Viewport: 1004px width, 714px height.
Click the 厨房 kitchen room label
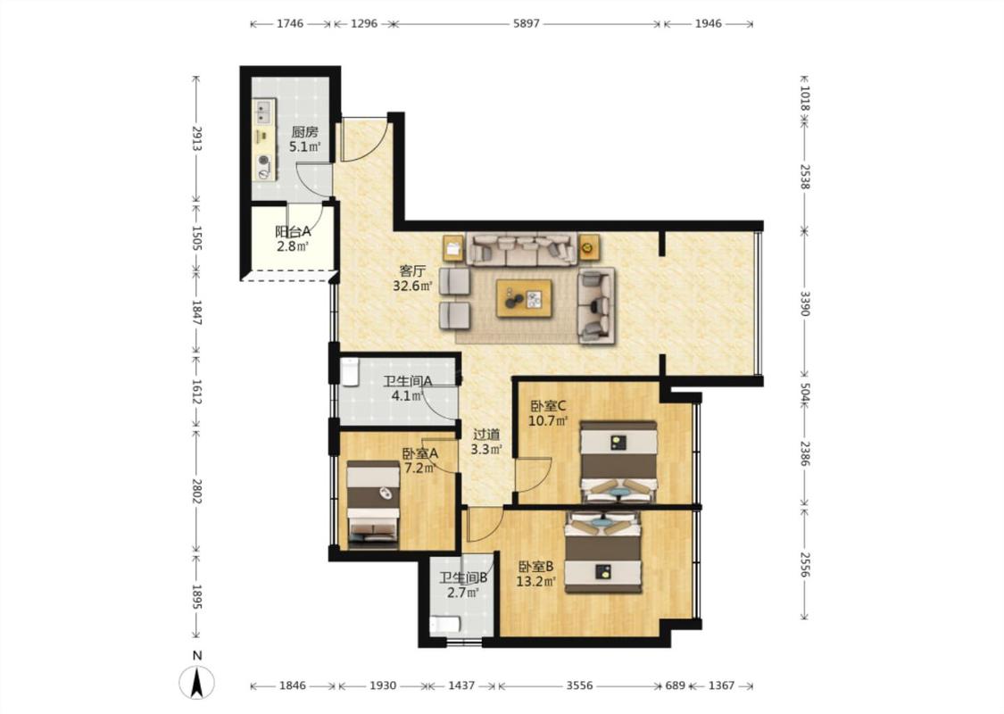[x=304, y=133]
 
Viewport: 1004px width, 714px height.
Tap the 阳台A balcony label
[x=293, y=231]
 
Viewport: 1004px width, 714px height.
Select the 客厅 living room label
[x=412, y=270]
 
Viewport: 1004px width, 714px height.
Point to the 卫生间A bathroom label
[x=408, y=381]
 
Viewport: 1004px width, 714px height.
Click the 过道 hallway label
[x=486, y=435]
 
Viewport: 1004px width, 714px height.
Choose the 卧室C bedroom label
[x=548, y=406]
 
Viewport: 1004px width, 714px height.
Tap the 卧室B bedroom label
[x=536, y=567]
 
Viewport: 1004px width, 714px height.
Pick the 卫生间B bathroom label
[x=463, y=577]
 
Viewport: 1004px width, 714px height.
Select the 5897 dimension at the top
[x=527, y=24]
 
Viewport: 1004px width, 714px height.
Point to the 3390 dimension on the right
[x=804, y=303]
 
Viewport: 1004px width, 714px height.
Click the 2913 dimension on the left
[x=196, y=138]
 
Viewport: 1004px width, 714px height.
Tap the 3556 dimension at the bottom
[x=579, y=685]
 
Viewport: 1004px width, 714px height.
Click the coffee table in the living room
[x=524, y=298]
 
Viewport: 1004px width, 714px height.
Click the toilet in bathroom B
[x=444, y=625]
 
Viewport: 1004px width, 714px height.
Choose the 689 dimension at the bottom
[x=675, y=685]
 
